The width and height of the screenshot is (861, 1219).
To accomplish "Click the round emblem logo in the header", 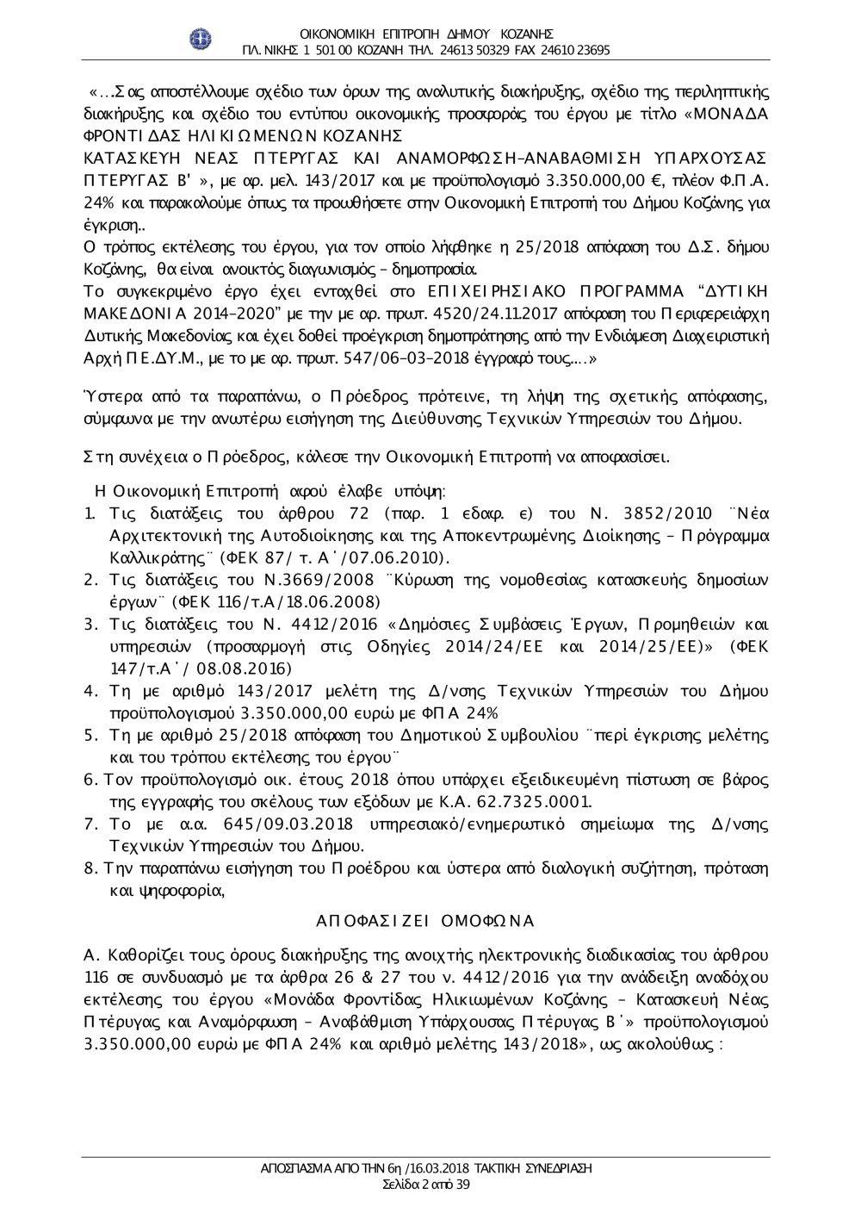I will [x=201, y=39].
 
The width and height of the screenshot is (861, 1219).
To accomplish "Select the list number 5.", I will [x=90, y=735].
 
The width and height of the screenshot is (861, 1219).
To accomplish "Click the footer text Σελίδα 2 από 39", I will [x=426, y=1185].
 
